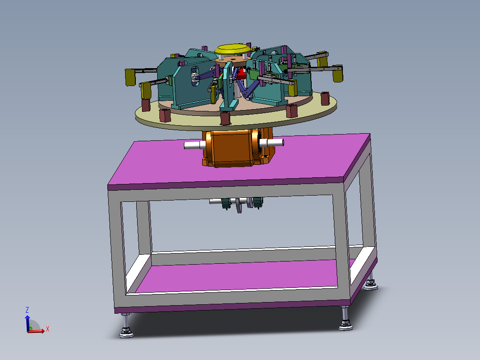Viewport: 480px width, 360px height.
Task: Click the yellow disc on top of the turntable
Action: click(232, 49)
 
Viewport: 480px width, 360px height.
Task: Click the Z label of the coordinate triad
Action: click(27, 310)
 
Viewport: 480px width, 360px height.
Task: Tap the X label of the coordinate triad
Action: click(47, 329)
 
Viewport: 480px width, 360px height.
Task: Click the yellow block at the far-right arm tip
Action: click(338, 74)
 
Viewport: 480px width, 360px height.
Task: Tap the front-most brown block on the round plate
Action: click(225, 118)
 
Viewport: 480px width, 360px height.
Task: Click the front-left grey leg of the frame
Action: click(116, 250)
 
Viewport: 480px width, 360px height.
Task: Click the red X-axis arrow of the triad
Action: click(38, 331)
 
